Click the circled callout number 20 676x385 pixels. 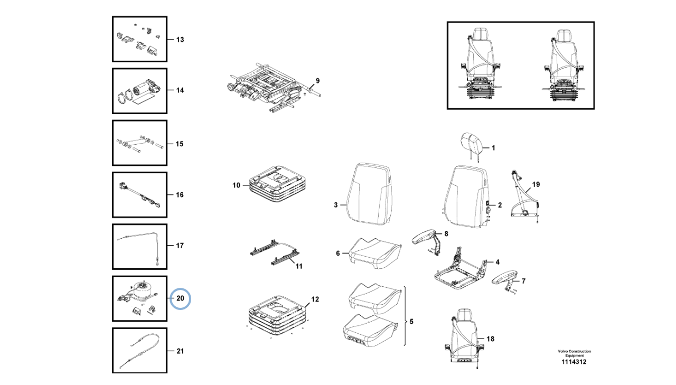(x=180, y=298)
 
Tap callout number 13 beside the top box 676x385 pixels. (x=180, y=40)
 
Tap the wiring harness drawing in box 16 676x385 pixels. (x=139, y=195)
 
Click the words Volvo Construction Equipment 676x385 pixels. (x=574, y=353)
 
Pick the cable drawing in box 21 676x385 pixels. (x=139, y=351)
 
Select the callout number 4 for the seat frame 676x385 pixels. (x=497, y=261)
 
